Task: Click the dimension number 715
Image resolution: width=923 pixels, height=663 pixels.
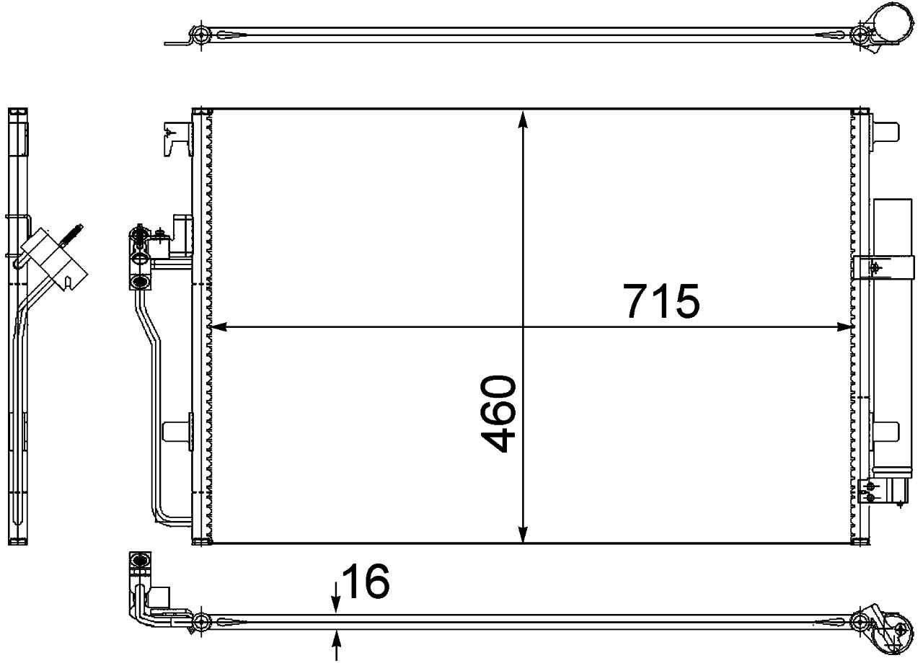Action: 663,301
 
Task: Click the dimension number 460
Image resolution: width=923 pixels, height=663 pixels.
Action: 499,414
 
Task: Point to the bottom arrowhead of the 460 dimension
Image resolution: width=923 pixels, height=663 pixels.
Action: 523,533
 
